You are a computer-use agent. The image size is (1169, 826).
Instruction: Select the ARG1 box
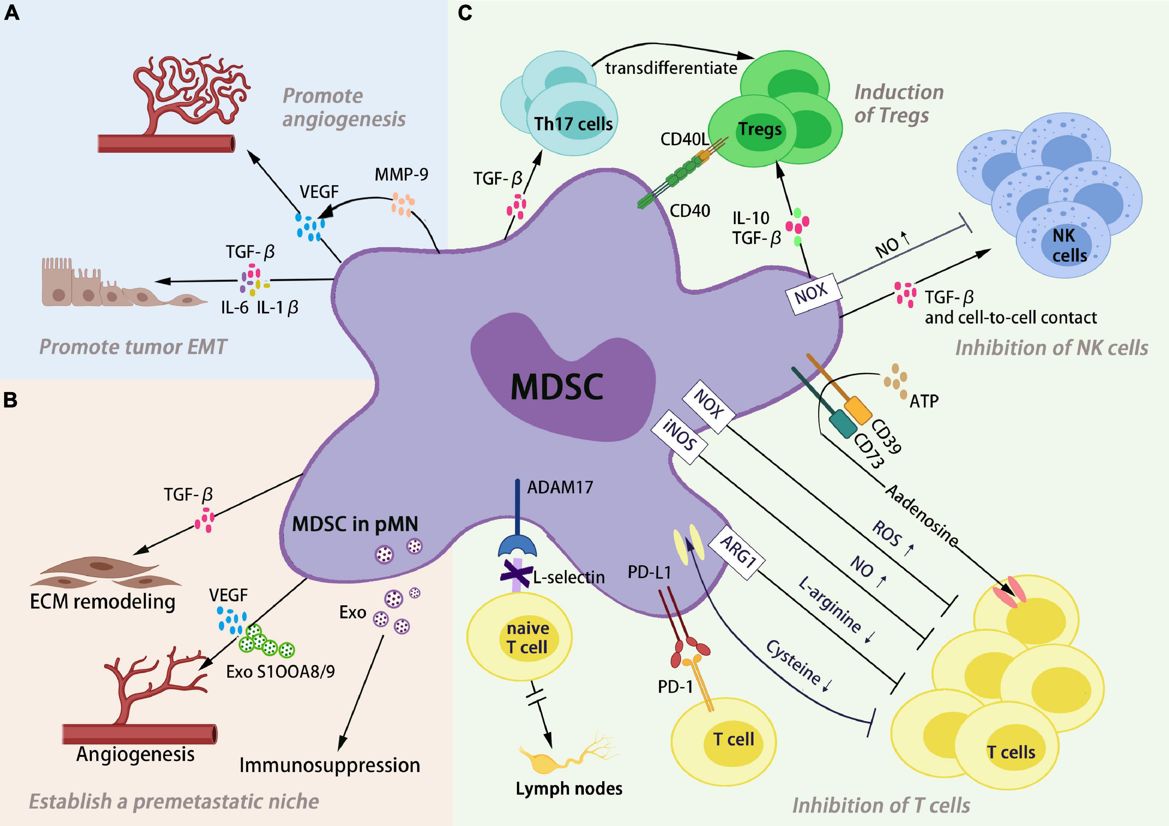click(x=738, y=552)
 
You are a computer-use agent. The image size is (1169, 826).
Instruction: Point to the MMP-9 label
click(x=401, y=175)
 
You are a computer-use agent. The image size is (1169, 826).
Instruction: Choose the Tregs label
click(x=760, y=129)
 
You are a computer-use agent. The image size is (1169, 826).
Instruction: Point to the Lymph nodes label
click(x=569, y=788)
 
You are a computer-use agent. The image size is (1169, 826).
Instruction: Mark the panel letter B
click(x=11, y=400)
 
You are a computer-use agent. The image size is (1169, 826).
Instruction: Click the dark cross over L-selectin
click(x=516, y=574)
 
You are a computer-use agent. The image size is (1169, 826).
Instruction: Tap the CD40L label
click(x=684, y=139)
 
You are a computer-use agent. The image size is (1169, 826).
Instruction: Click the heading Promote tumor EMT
click(x=133, y=347)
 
